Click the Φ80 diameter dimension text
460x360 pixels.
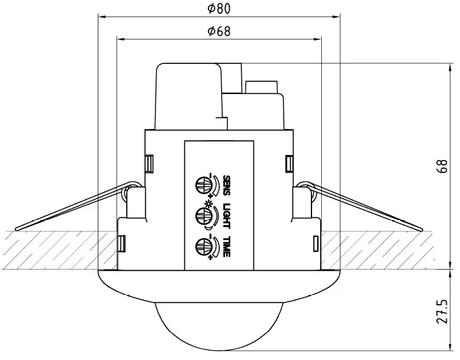pyautogui.click(x=219, y=9)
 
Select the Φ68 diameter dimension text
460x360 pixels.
pyautogui.click(x=219, y=31)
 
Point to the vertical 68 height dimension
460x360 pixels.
pyautogui.click(x=442, y=166)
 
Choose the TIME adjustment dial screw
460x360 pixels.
pyautogui.click(x=203, y=245)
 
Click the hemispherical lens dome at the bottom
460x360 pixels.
pyautogui.click(x=219, y=323)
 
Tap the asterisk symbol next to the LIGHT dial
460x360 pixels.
pyautogui.click(x=212, y=205)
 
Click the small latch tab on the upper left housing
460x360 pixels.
pyautogui.click(x=149, y=164)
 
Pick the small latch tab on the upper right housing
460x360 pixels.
pyautogui.click(x=289, y=164)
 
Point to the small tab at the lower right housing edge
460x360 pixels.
pyautogui.click(x=316, y=244)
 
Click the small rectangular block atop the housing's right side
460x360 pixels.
pyautogui.click(x=262, y=86)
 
